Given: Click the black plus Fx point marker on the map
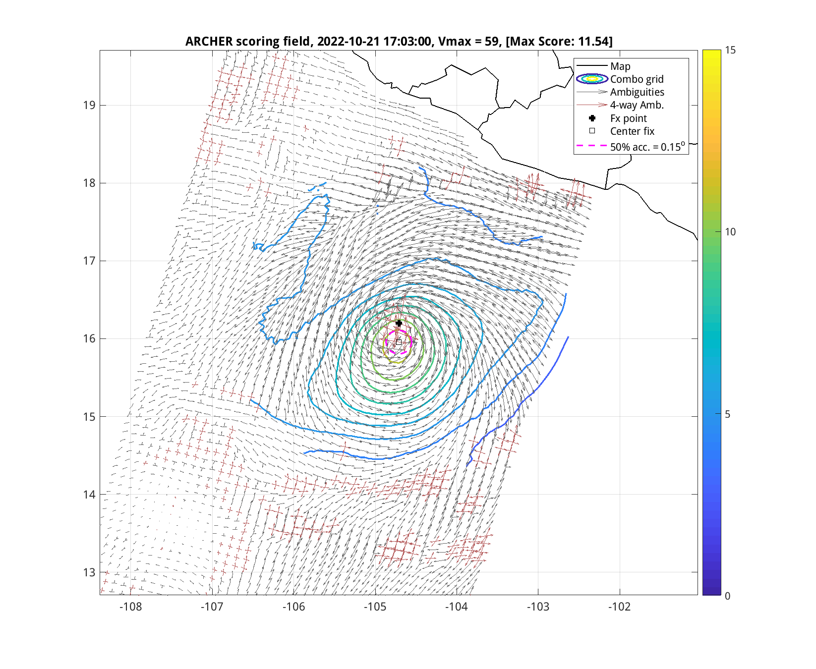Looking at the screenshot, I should point(399,323).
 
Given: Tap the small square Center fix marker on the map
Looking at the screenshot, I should point(399,342).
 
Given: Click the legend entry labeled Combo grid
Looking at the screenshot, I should point(637,79).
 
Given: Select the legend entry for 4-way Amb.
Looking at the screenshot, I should point(637,105).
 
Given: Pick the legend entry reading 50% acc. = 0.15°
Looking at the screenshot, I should point(647,147).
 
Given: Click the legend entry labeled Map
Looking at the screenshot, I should point(620,66).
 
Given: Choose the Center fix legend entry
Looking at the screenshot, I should point(632,131).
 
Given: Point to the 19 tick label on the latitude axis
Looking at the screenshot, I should point(89,105).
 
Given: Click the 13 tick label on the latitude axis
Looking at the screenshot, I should point(89,572).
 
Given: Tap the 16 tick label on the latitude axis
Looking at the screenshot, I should point(89,339).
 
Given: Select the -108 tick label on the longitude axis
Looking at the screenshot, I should point(130,607).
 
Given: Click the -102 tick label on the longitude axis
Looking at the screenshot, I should point(619,607).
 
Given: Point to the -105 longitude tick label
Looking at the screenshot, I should point(375,607).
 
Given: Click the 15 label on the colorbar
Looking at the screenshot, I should point(730,50).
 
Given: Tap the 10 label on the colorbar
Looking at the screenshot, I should point(730,232).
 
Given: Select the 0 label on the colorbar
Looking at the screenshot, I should point(727,596).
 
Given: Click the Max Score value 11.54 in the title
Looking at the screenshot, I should point(593,41).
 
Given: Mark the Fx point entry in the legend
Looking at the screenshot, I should point(628,118).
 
